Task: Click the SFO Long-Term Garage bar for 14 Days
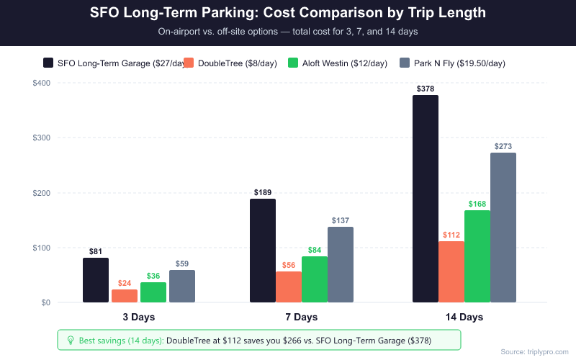pyautogui.click(x=426, y=199)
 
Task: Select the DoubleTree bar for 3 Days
pyautogui.click(x=125, y=296)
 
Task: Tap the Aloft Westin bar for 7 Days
pyautogui.click(x=315, y=279)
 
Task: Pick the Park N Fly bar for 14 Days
pyautogui.click(x=503, y=228)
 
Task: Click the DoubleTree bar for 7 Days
pyautogui.click(x=289, y=287)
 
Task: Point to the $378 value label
pyautogui.click(x=426, y=89)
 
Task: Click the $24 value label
pyautogui.click(x=125, y=283)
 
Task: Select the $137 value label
pyautogui.click(x=341, y=220)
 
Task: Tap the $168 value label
pyautogui.click(x=477, y=204)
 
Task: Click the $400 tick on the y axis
pyautogui.click(x=40, y=83)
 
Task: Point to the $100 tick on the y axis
pyautogui.click(x=40, y=248)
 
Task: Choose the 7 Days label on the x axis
pyautogui.click(x=302, y=317)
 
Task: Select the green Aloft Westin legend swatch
pyautogui.click(x=294, y=63)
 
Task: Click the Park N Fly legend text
pyautogui.click(x=459, y=63)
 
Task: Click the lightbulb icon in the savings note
pyautogui.click(x=70, y=340)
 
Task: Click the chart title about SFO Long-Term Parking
pyautogui.click(x=288, y=14)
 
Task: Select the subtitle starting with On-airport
pyautogui.click(x=288, y=32)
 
